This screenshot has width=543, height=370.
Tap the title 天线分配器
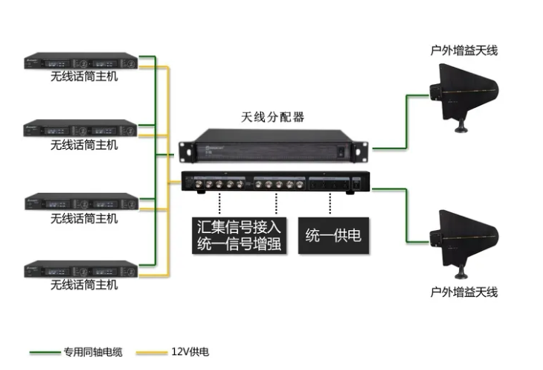click(273, 117)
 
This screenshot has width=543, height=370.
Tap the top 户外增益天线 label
click(464, 51)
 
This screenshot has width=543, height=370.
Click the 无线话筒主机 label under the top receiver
click(83, 77)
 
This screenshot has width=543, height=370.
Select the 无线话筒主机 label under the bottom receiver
click(83, 286)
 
